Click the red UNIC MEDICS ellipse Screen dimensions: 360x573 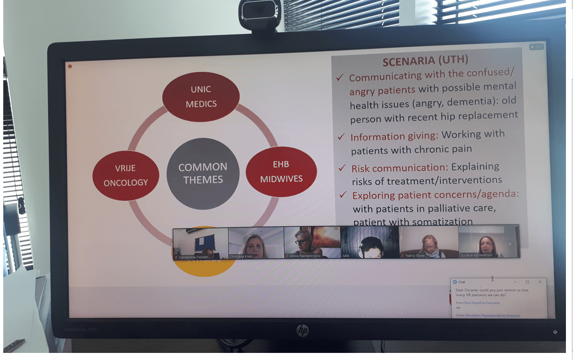pyautogui.click(x=201, y=96)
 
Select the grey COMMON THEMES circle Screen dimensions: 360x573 pyautogui.click(x=203, y=173)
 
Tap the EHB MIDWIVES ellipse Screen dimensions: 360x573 pyautogui.click(x=281, y=171)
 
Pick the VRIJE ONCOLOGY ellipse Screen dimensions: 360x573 pyautogui.click(x=126, y=175)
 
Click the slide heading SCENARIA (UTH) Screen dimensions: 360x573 pyautogui.click(x=425, y=61)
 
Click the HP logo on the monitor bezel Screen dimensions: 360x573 pyautogui.click(x=302, y=330)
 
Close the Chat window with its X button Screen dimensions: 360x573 pyautogui.click(x=540, y=282)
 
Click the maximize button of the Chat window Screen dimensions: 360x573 pyautogui.click(x=527, y=282)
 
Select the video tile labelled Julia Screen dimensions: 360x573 pyautogui.click(x=369, y=241)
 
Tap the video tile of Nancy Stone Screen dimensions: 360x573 pyautogui.click(x=428, y=241)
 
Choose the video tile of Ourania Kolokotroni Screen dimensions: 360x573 pyautogui.click(x=489, y=241)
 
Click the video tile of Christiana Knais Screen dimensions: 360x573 pyautogui.click(x=256, y=243)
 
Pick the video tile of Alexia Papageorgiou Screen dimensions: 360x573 pyautogui.click(x=312, y=242)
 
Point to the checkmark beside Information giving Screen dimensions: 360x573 pyautogui.click(x=341, y=136)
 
